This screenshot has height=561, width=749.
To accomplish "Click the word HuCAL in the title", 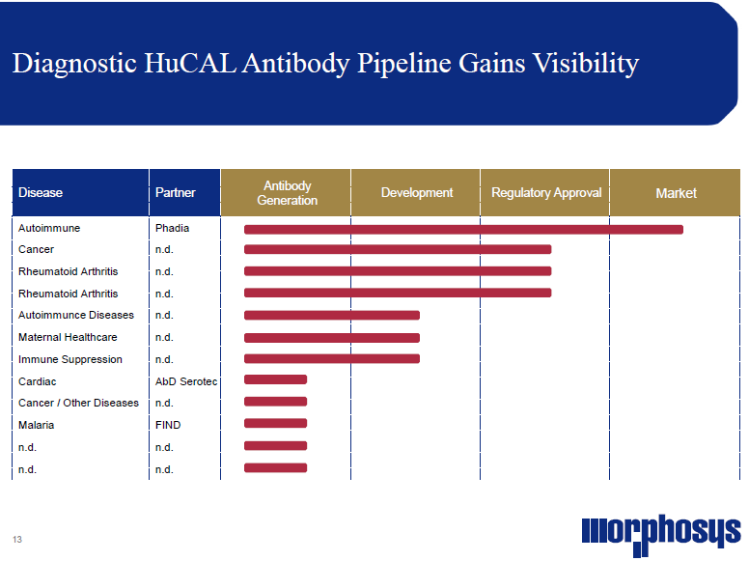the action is point(190,63).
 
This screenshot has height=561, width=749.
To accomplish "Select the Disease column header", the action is point(41,192).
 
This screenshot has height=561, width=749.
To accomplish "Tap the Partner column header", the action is point(176,192).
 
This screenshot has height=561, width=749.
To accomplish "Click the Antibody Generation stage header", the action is point(287,192).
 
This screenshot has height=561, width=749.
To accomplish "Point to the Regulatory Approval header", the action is point(546,192).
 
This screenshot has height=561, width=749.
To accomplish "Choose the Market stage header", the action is point(676,193).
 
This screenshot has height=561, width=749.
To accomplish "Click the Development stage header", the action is point(417,192).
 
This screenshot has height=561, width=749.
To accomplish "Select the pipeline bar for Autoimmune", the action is point(463,230).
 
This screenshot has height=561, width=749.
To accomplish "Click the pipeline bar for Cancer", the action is point(398,249).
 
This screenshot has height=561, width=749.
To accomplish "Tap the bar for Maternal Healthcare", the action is point(332,338).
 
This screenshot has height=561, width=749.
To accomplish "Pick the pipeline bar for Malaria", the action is point(276,423).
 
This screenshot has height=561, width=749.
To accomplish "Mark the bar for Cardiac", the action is point(276,379).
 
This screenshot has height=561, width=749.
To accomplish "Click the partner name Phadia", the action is point(172,228).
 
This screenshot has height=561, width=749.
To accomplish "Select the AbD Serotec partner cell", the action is point(186,381).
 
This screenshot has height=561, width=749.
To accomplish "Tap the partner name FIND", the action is point(168,425).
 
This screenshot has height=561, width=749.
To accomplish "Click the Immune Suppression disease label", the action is point(70,359).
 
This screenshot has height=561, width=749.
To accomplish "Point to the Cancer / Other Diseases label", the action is point(78,403).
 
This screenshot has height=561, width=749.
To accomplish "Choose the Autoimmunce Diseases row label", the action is point(76,315).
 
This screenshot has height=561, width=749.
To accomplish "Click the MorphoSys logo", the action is point(660,535).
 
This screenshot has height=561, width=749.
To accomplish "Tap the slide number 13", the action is point(17,540).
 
